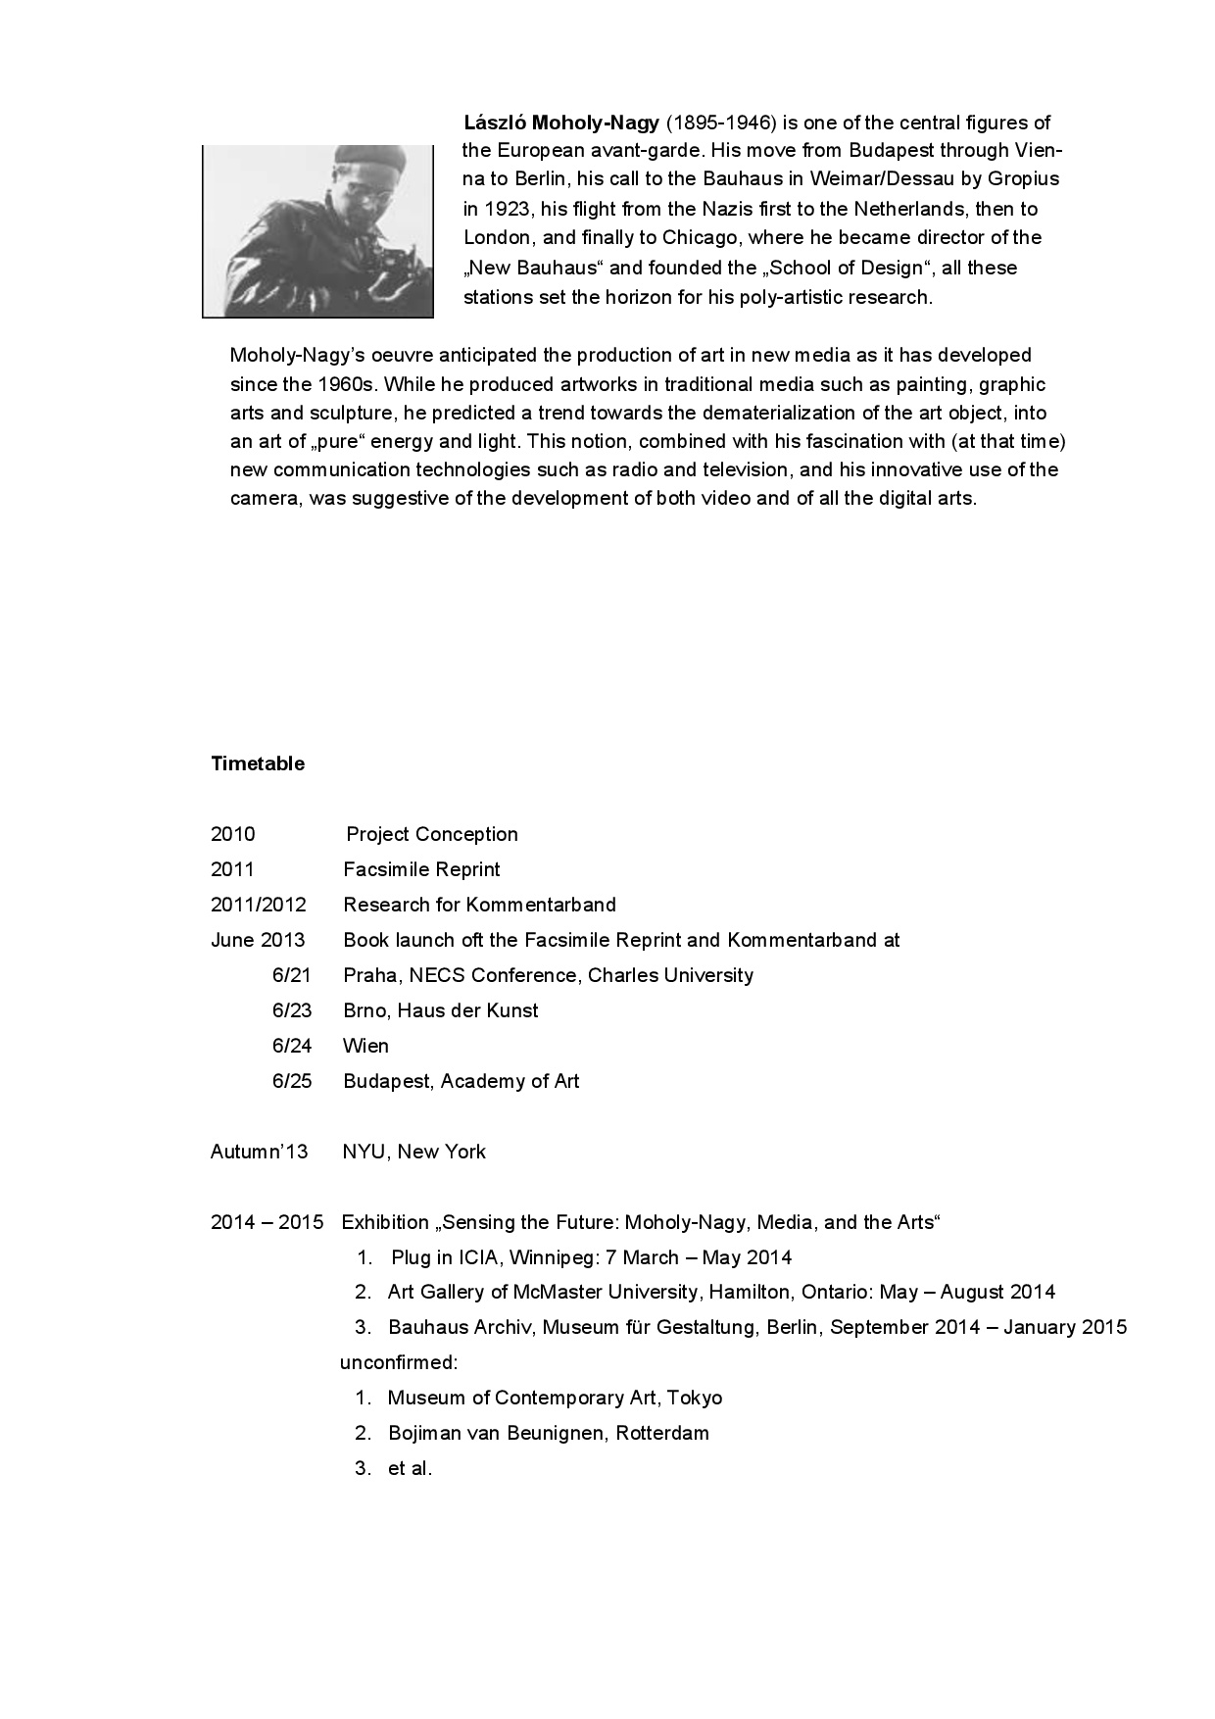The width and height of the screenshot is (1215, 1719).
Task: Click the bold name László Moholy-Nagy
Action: [561, 123]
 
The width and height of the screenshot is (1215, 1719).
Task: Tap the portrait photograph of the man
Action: [317, 231]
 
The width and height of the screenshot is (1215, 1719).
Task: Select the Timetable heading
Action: [258, 764]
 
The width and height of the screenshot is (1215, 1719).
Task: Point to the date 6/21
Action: [291, 975]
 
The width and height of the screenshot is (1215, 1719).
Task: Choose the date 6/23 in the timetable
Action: [291, 1010]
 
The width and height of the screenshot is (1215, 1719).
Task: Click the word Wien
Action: [365, 1046]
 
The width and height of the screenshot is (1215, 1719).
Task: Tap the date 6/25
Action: [291, 1081]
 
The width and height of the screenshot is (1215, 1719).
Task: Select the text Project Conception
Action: [432, 834]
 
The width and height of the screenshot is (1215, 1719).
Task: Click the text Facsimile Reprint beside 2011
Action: [421, 869]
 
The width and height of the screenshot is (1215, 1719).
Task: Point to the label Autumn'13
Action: [259, 1152]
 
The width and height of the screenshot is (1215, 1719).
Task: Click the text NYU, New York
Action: [413, 1152]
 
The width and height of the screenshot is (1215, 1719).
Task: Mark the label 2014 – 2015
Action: [267, 1222]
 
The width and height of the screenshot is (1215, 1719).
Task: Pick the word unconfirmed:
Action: [399, 1362]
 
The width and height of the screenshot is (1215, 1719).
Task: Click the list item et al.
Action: [410, 1468]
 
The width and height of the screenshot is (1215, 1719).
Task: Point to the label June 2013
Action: [258, 940]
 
